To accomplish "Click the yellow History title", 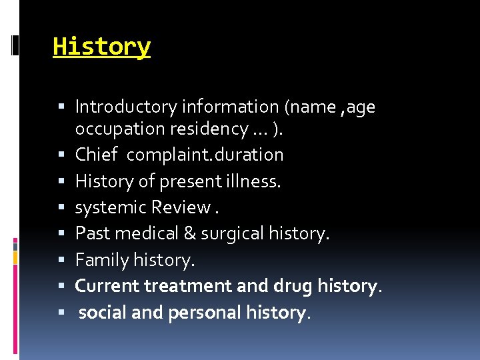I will click(x=102, y=47).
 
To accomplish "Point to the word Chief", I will click(x=96, y=155).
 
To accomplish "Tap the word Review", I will click(x=181, y=207).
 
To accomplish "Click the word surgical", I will click(x=228, y=233).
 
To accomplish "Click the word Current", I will click(x=107, y=286).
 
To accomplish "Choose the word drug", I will click(x=293, y=286).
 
